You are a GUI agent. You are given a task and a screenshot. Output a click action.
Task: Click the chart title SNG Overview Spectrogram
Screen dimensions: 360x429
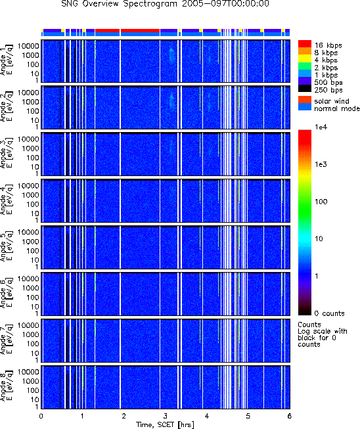click(119, 4)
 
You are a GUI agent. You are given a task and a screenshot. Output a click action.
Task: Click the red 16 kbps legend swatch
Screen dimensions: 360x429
click(304, 44)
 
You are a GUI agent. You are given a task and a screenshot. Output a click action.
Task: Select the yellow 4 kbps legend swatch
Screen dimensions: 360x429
click(304, 58)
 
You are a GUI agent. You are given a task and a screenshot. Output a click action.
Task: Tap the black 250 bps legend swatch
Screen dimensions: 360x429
click(304, 89)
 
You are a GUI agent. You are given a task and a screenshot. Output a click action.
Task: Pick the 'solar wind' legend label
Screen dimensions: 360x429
click(332, 101)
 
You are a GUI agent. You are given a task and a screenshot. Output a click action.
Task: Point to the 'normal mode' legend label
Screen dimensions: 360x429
click(337, 108)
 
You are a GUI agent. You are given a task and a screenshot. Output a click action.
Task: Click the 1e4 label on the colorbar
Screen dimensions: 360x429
click(321, 127)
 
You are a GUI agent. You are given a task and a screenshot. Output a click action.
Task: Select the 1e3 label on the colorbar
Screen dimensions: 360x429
click(321, 164)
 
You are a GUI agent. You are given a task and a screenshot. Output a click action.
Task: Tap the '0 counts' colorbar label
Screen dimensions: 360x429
click(329, 313)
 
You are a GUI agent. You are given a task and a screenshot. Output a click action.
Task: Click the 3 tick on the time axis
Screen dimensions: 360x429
click(166, 416)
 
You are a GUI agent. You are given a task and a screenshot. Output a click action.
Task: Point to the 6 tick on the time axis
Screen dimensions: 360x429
click(290, 416)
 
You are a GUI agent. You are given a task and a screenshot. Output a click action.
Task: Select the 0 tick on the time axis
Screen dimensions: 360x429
click(41, 416)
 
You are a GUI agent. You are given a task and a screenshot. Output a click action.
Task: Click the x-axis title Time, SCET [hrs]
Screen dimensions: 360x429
click(166, 424)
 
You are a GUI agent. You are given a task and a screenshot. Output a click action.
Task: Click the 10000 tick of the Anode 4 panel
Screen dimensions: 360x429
click(28, 186)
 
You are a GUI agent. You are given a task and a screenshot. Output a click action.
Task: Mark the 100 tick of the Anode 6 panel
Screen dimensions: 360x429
click(33, 298)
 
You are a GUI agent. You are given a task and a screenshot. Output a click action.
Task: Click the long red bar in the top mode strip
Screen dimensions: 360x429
click(140, 30)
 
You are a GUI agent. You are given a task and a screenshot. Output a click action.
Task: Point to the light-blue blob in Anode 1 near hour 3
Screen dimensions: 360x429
click(171, 56)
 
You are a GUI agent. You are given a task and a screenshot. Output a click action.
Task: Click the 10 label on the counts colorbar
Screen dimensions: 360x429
click(319, 239)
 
